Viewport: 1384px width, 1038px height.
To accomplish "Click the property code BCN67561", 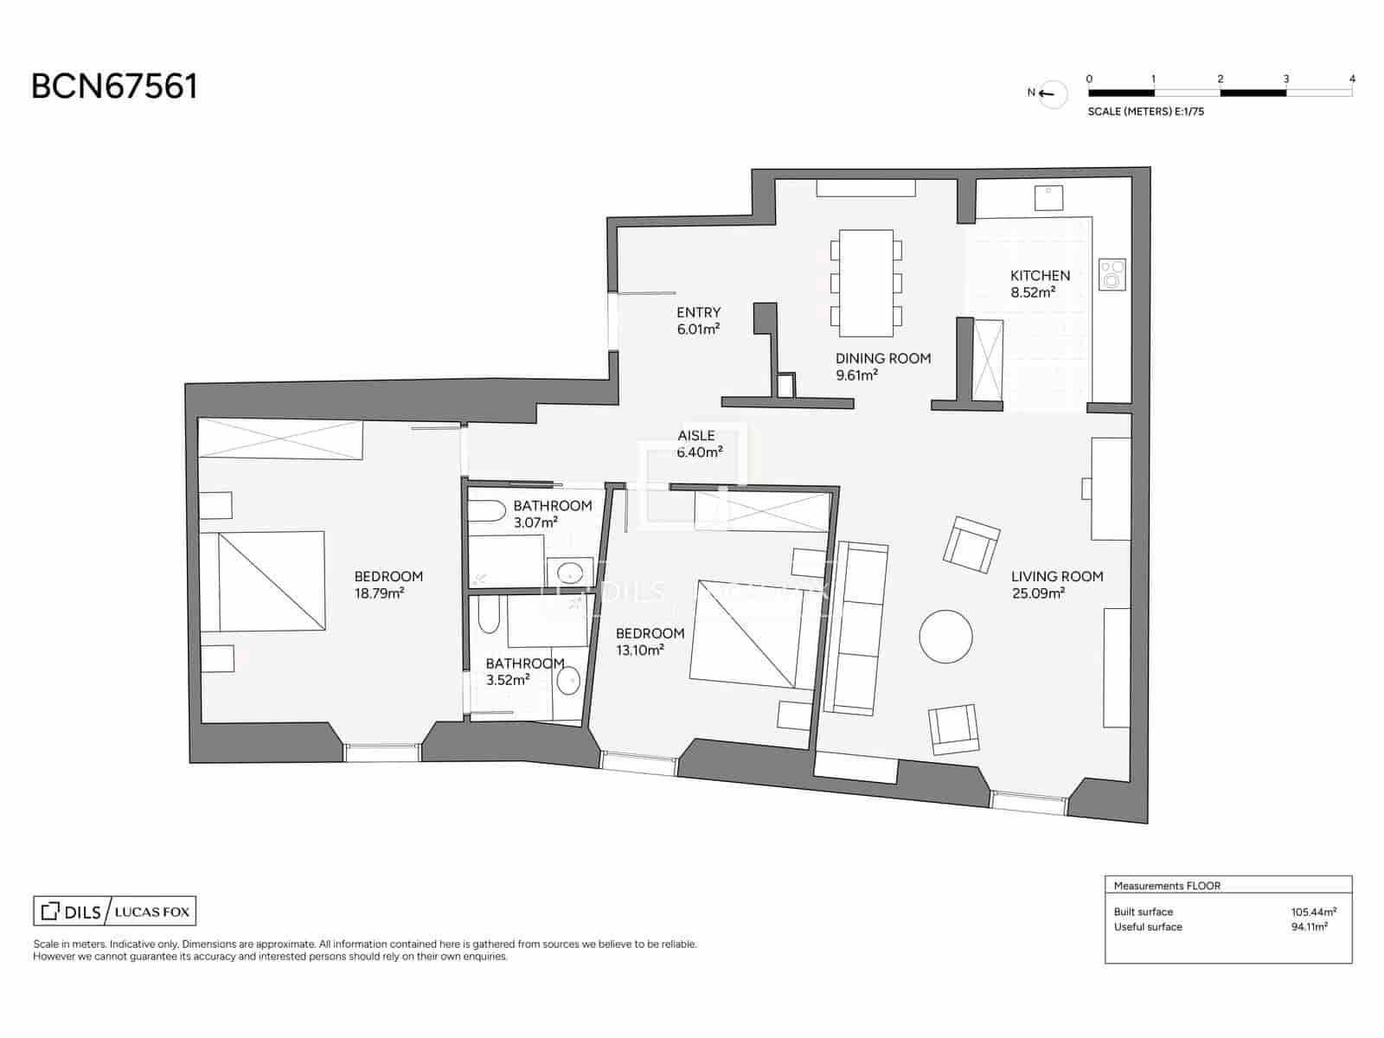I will (x=114, y=86).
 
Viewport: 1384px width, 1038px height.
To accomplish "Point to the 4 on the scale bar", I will (x=1352, y=79).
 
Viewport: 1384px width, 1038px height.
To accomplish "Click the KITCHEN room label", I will (x=1040, y=275).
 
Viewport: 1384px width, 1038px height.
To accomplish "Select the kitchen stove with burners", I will (x=1112, y=275).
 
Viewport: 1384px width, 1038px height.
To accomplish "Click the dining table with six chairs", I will (x=866, y=283).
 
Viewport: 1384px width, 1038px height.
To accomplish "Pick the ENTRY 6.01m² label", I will (x=698, y=320).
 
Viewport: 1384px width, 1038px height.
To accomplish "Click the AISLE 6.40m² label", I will (x=699, y=444).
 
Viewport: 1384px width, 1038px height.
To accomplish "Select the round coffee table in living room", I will (x=945, y=637).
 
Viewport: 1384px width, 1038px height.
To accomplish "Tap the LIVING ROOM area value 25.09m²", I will (x=1038, y=593).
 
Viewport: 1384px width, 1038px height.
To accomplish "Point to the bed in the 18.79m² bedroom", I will (x=263, y=581).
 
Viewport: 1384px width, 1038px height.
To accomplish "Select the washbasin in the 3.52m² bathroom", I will (x=568, y=682).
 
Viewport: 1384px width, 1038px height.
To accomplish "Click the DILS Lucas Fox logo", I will (x=114, y=911).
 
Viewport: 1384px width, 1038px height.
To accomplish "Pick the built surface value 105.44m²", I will (x=1313, y=912).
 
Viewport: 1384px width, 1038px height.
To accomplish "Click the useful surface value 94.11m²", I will (x=1309, y=926).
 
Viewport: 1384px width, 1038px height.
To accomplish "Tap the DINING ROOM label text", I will (x=882, y=358).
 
